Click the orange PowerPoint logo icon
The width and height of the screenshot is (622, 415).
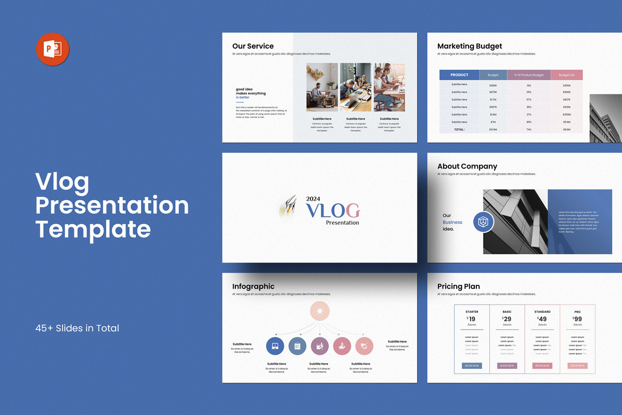tap(52, 49)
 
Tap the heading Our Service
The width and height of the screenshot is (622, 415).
tap(253, 46)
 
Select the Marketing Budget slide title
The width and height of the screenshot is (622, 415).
tap(470, 46)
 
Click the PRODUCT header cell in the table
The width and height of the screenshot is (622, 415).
tap(459, 75)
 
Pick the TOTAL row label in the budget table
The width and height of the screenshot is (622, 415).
tap(459, 129)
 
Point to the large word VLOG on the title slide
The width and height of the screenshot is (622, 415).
tap(332, 210)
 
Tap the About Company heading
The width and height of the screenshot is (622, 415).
tap(467, 167)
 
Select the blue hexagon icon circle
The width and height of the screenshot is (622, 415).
tap(483, 222)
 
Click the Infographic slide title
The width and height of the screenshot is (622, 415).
tap(253, 286)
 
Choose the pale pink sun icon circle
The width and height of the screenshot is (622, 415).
tap(320, 311)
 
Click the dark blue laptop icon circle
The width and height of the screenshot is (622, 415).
tap(275, 346)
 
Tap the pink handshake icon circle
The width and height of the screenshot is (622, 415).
tap(364, 346)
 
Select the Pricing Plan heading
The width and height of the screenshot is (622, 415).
tap(459, 286)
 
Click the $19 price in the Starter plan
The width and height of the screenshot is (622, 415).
tap(472, 320)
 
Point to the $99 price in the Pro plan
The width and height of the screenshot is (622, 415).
tap(577, 320)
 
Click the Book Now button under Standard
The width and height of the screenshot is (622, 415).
tap(542, 366)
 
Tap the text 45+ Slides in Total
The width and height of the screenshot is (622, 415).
tap(77, 328)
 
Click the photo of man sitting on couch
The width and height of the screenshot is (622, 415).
tap(322, 87)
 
